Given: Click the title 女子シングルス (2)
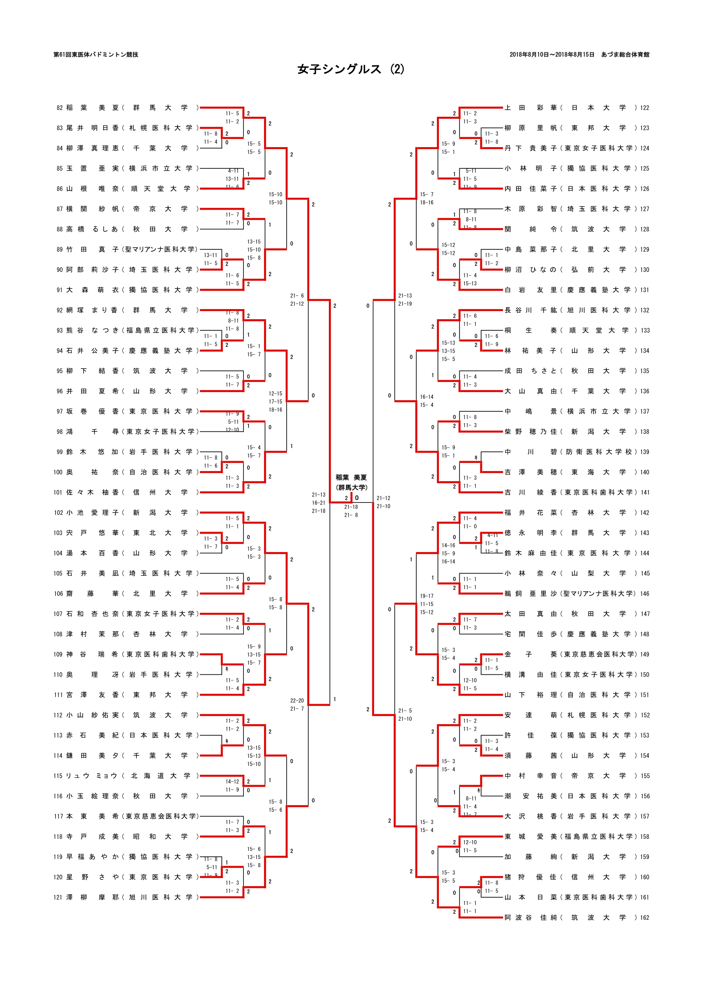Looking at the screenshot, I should pyautogui.click(x=351, y=69).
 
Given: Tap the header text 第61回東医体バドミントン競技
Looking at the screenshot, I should pyautogui.click(x=96, y=55).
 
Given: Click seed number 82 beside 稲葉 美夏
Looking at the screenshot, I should pyautogui.click(x=60, y=108).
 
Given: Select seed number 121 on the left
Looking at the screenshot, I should pyautogui.click(x=58, y=897).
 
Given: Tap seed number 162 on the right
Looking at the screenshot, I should pyautogui.click(x=644, y=918).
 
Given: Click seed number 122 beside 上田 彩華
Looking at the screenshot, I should pyautogui.click(x=644, y=108).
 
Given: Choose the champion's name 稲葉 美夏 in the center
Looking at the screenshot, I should pyautogui.click(x=351, y=477).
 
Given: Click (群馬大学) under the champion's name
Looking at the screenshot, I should pyautogui.click(x=351, y=487).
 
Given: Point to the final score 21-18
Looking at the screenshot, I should pyautogui.click(x=351, y=507).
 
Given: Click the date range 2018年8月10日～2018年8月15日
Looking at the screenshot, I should pyautogui.click(x=551, y=55).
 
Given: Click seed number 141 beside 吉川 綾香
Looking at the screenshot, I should pyautogui.click(x=645, y=492).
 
